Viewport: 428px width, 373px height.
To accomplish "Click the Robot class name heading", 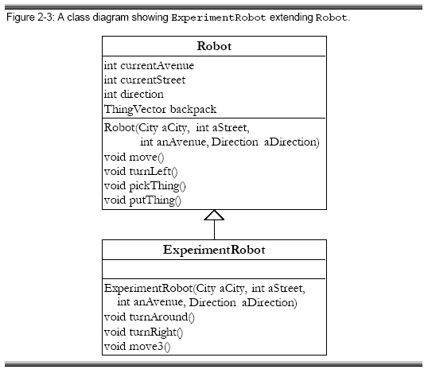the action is (214, 46).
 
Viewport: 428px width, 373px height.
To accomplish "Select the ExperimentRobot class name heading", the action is (214, 250).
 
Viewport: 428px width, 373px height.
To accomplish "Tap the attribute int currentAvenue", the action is (149, 66).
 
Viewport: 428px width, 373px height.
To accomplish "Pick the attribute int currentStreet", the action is (145, 80).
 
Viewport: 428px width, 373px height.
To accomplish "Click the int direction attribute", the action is (134, 94).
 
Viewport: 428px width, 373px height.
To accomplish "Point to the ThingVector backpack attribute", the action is (160, 110).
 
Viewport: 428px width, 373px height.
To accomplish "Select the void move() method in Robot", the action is (134, 157).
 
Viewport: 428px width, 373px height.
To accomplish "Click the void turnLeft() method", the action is (141, 172).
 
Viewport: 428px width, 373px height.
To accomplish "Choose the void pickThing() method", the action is (145, 186).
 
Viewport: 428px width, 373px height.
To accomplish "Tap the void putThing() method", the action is (142, 200).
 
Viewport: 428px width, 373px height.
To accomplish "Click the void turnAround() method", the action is (150, 317).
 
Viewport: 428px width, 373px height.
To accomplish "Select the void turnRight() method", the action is (143, 332).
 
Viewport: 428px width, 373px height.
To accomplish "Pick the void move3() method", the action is (138, 347).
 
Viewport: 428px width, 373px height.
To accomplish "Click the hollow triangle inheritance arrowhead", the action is (214, 215).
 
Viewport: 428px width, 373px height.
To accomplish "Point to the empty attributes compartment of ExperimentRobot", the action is (214, 270).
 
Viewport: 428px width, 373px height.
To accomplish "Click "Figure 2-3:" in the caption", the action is (30, 17).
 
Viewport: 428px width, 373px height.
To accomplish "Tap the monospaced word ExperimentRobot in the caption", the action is (219, 18).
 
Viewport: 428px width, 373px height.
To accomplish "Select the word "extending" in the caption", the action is (291, 17).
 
